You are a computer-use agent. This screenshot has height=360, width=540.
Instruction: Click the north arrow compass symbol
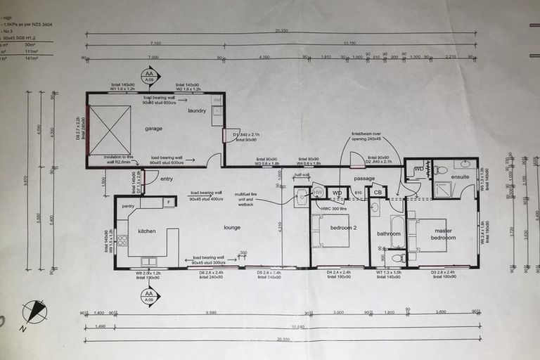[x=34, y=311]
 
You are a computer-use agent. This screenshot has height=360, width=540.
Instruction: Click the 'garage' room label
[x=154, y=129]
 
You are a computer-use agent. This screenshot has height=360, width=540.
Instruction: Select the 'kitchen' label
[x=146, y=231]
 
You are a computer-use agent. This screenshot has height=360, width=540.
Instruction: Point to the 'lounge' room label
[x=231, y=227]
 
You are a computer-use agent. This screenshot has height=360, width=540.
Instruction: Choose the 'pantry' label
[x=128, y=206]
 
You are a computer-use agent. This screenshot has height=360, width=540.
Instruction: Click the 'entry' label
[x=166, y=179]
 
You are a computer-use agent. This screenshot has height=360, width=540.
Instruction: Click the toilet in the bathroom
[x=394, y=257]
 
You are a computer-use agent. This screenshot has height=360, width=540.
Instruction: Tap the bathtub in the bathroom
[x=397, y=231]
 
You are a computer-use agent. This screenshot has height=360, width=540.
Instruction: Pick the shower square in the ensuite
[x=442, y=190]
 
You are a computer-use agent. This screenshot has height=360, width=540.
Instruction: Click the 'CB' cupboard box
[x=378, y=192]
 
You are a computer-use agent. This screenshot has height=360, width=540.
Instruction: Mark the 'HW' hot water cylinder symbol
[x=318, y=192]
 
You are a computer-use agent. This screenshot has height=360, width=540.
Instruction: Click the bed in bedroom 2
[x=330, y=231]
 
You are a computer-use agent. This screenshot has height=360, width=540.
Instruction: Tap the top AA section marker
[x=148, y=75]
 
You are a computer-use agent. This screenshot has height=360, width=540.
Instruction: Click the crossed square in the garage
[x=109, y=130]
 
